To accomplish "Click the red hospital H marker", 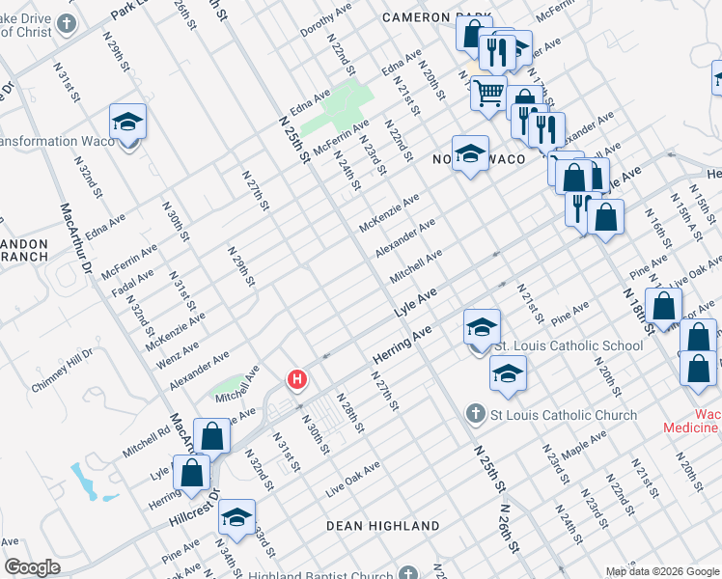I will click(x=297, y=381).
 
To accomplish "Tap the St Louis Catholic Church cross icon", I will click(x=475, y=414).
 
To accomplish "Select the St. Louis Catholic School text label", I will click(x=568, y=345).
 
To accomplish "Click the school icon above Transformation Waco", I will click(x=127, y=123).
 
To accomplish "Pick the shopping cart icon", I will click(x=489, y=94).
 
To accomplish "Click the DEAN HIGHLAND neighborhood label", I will click(x=382, y=526).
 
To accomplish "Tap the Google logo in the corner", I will click(x=32, y=567).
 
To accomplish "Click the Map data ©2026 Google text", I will click(x=661, y=571).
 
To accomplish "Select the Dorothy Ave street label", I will click(x=325, y=21).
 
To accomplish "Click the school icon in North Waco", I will click(x=470, y=153).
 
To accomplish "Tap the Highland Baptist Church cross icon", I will click(x=409, y=573).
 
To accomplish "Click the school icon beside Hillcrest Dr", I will click(x=236, y=517).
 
